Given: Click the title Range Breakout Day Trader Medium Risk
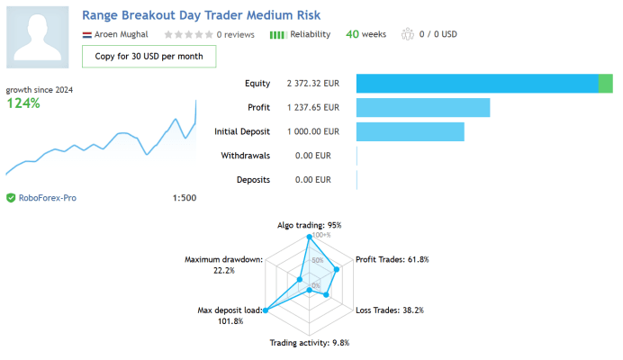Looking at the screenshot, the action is coord(201,15).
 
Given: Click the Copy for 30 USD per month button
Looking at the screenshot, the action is coord(149,57).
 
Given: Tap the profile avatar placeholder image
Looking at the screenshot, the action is coord(37,37).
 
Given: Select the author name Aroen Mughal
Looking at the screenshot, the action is coord(122,34).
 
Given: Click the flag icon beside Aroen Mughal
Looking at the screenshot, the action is coord(87,35).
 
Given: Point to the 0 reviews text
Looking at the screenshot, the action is coord(236,34).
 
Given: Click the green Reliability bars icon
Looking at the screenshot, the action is coord(277,35).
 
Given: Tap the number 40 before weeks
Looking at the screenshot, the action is coord(352,34).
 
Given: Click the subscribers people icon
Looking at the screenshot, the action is coord(408,34).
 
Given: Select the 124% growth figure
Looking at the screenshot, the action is coord(23,103).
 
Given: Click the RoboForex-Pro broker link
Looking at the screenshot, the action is coord(48,198).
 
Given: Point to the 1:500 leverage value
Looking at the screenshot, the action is coord(185,198).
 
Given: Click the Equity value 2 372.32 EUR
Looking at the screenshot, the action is coord(313,84).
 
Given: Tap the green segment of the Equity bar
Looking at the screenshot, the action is coord(606,84).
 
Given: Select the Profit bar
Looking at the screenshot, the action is coord(423,108).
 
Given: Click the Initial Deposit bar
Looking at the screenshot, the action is coord(410,131).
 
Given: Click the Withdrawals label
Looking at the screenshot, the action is coord(246,156).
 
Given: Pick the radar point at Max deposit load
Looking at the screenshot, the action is coord(266,310).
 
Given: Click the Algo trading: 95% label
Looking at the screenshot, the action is coord(309,225).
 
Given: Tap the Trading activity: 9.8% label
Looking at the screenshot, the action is coord(310,343).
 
